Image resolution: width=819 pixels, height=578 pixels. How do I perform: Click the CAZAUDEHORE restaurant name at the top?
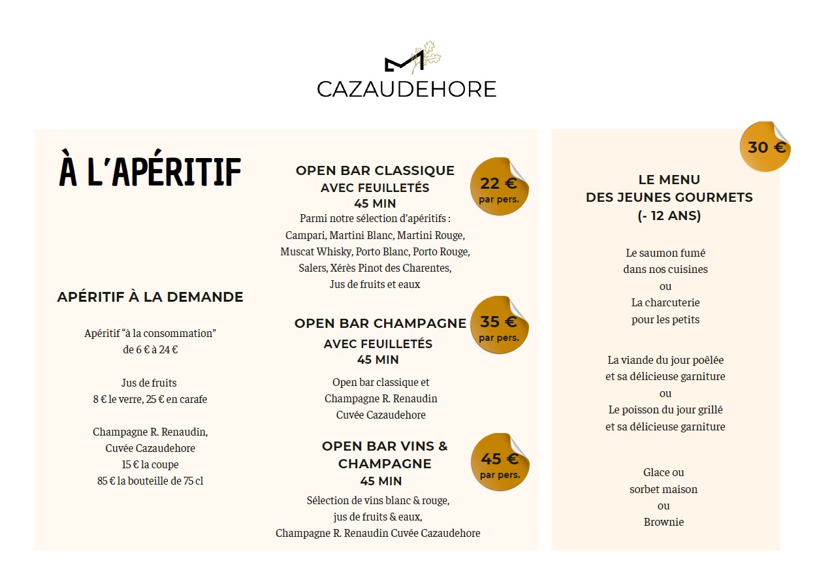[406, 89]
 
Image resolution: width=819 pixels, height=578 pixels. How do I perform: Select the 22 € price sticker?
[499, 187]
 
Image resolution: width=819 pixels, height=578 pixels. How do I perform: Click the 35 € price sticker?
[499, 325]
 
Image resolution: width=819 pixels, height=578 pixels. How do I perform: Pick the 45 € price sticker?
[500, 462]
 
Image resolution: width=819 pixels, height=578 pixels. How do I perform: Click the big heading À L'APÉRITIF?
[151, 172]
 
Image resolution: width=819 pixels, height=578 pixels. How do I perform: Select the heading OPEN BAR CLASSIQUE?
[375, 170]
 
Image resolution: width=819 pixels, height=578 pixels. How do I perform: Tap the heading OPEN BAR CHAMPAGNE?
[380, 323]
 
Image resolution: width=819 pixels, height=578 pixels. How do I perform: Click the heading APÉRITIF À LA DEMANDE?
[150, 297]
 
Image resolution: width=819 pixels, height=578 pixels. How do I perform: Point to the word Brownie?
[664, 522]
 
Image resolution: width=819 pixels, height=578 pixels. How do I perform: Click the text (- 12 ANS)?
[669, 216]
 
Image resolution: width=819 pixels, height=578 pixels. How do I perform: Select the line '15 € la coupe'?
[150, 465]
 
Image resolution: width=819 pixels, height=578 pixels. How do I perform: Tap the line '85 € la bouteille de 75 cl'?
[150, 481]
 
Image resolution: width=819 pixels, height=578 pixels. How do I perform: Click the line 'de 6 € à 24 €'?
[150, 349]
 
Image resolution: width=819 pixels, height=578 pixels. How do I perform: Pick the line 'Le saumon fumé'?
[666, 253]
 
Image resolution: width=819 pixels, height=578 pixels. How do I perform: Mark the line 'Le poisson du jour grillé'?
[666, 410]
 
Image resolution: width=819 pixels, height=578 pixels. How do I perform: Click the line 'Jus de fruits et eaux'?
[375, 285]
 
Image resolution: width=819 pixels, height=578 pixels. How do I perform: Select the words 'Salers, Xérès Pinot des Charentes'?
[375, 268]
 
